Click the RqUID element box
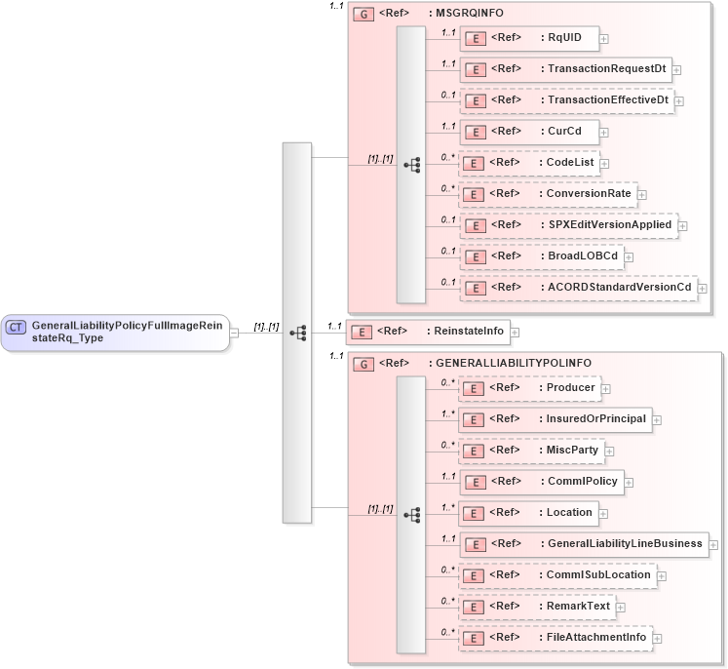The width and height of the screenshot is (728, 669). pyautogui.click(x=528, y=38)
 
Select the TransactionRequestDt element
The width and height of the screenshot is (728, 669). pyautogui.click(x=565, y=69)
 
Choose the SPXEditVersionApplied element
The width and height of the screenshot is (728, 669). pyautogui.click(x=569, y=225)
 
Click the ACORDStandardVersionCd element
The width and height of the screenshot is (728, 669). pyautogui.click(x=578, y=288)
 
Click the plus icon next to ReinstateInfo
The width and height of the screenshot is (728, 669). pyautogui.click(x=515, y=333)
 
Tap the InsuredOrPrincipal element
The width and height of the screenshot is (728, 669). pyautogui.click(x=555, y=419)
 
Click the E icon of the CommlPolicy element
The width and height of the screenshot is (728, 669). pyautogui.click(x=473, y=482)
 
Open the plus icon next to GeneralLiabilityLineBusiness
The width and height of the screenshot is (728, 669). pyautogui.click(x=714, y=545)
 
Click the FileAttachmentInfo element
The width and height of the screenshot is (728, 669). pyautogui.click(x=555, y=638)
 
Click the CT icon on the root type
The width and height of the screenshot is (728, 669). pyautogui.click(x=16, y=327)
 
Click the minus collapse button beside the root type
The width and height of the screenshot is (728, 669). pyautogui.click(x=234, y=333)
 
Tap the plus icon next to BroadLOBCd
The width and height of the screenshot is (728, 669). pyautogui.click(x=631, y=257)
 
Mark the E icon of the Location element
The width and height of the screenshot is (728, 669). pyautogui.click(x=473, y=513)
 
